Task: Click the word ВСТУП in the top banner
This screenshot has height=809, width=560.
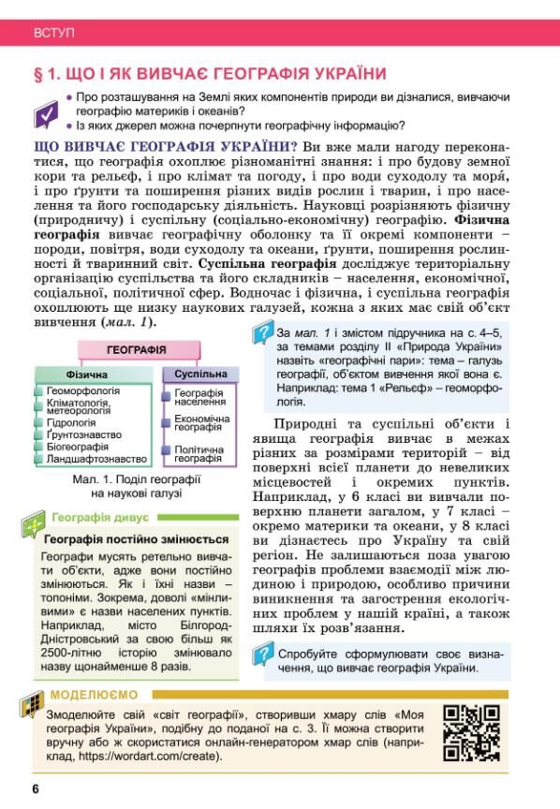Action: click(53, 33)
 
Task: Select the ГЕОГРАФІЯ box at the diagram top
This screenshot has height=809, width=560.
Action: click(137, 349)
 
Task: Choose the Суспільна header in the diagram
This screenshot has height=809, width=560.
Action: click(200, 374)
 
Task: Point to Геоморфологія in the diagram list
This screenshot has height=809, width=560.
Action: click(83, 390)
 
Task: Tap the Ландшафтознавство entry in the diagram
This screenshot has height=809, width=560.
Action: click(96, 459)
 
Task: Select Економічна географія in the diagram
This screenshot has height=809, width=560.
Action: click(201, 423)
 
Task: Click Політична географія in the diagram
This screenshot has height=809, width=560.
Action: click(199, 454)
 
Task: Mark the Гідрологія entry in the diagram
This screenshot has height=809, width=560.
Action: click(71, 422)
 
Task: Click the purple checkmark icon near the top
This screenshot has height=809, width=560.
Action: click(46, 114)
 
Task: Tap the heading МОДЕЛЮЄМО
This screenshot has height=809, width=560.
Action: click(94, 695)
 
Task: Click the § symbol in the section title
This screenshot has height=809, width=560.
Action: click(39, 74)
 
